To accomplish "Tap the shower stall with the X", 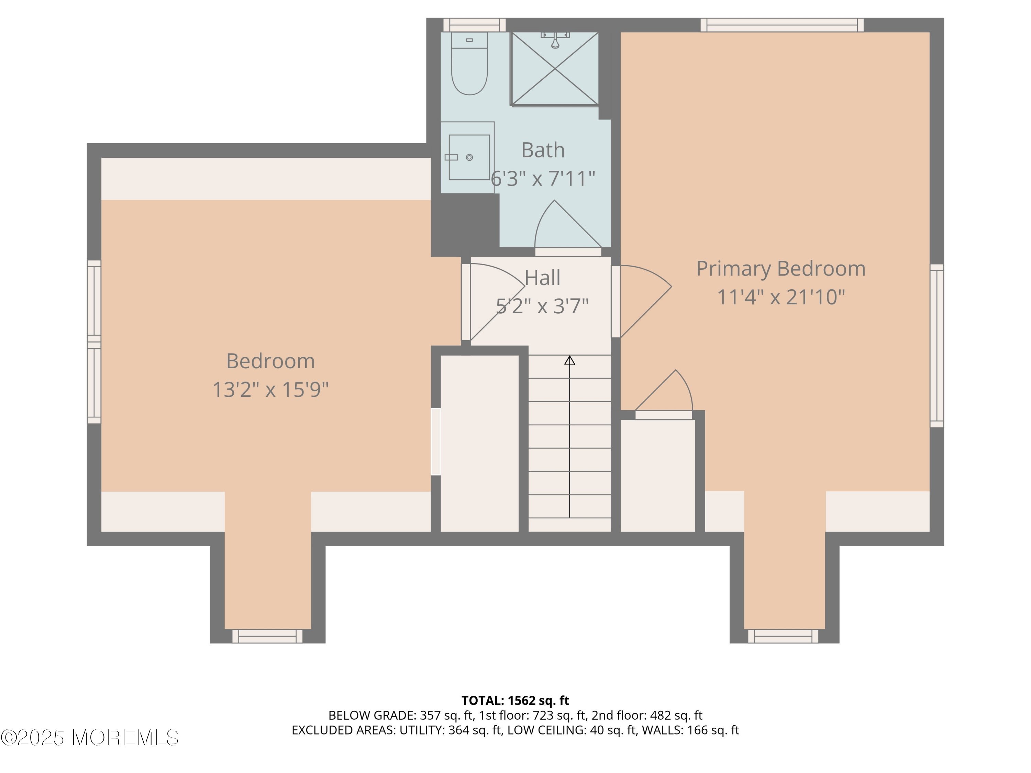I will pos(555,69).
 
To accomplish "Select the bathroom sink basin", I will pos(469,157).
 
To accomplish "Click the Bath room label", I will pos(543,150).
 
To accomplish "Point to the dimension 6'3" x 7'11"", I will pos(543,178).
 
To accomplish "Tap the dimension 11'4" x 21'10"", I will pos(781,297).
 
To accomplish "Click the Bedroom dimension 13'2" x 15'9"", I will pos(270,389).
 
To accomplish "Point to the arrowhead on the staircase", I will pos(569,360).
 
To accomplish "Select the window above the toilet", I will pos(474,25).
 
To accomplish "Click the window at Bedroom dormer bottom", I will pos(267,636).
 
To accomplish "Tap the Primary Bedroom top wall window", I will pos(781,25).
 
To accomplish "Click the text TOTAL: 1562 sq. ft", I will pos(515,700).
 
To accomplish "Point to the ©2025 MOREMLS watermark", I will pos(89,738).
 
